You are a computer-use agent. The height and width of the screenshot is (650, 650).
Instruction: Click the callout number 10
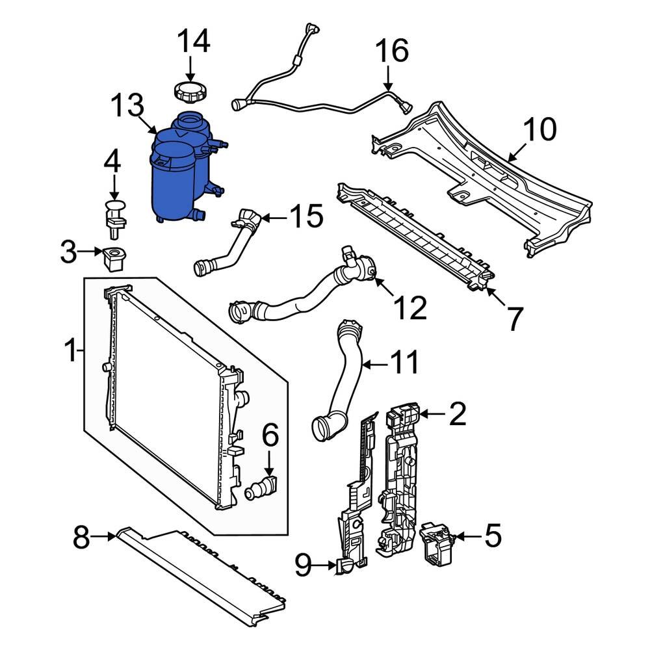(539, 130)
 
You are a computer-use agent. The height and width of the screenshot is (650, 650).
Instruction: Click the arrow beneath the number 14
(190, 68)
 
